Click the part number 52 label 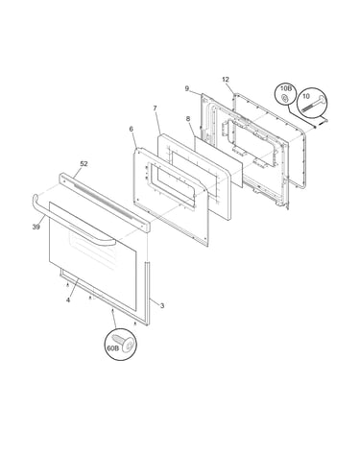click(84, 164)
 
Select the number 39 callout click(36, 227)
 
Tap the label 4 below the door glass click(68, 300)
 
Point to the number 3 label click(162, 305)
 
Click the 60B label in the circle click(112, 348)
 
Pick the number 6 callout click(132, 129)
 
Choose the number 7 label click(156, 108)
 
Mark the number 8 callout click(188, 119)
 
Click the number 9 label click(187, 88)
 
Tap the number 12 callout click(226, 80)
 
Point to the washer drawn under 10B click(284, 98)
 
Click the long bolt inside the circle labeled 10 click(314, 105)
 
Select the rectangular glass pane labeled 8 click(219, 160)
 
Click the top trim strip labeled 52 click(105, 203)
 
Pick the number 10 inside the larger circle click(306, 96)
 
